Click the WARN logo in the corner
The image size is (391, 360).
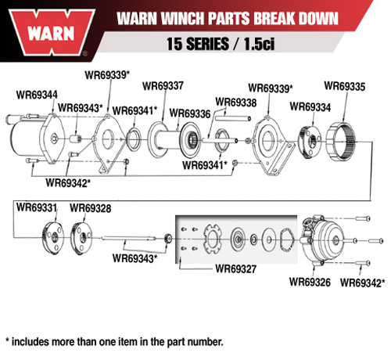coord(52,33)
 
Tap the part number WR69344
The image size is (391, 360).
coord(37,95)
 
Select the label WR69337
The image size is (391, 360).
coord(163,85)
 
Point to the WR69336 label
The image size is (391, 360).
coord(190,113)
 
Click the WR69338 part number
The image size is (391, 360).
coord(236,102)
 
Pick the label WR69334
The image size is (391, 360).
coord(310,106)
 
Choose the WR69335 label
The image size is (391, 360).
coord(345,86)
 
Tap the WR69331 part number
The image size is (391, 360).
coord(37,207)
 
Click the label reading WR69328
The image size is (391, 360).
coord(90,208)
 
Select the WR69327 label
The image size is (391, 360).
coord(236,269)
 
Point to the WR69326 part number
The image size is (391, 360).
coord(310,282)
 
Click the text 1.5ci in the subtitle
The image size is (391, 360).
coord(259,44)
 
